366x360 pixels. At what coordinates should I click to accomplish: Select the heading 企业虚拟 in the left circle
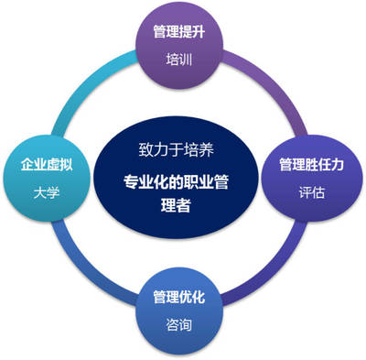click(x=47, y=166)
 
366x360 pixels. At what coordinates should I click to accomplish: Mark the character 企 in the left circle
click(x=27, y=166)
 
